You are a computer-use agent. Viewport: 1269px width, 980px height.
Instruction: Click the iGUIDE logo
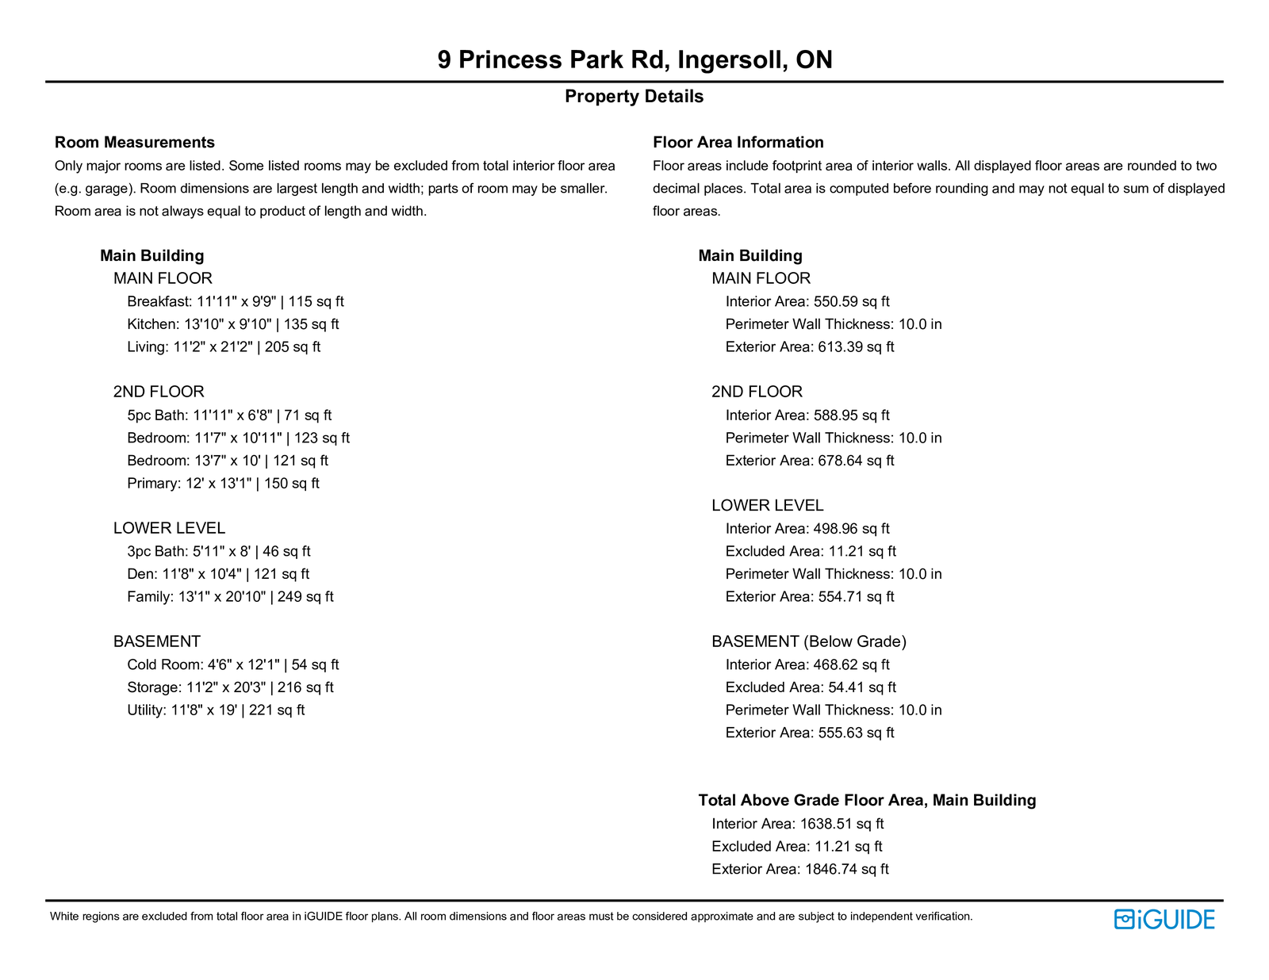(x=1164, y=919)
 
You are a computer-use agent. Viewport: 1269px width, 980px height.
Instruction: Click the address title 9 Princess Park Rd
(x=634, y=59)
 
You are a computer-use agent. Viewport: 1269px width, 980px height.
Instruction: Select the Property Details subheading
(x=634, y=97)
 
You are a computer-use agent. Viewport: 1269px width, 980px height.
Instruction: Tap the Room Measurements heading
(x=135, y=143)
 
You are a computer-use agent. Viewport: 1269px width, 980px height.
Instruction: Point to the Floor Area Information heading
(x=738, y=143)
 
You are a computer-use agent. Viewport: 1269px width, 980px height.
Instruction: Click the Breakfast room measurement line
(x=236, y=301)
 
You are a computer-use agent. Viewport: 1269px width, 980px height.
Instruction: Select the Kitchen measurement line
(x=232, y=324)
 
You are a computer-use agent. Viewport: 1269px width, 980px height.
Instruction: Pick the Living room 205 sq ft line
(x=224, y=347)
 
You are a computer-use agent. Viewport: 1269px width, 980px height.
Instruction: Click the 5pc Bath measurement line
(x=229, y=415)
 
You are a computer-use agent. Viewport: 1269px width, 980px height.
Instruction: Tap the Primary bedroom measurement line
(x=223, y=484)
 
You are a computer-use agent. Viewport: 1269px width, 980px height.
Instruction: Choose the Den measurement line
(x=218, y=574)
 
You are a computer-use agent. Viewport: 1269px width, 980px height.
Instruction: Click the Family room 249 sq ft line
(x=230, y=597)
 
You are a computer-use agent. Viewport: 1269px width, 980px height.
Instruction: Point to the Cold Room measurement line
(x=232, y=665)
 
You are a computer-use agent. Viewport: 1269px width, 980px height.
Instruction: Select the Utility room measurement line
(x=216, y=710)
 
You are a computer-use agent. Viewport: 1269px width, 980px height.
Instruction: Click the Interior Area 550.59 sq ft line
(x=807, y=301)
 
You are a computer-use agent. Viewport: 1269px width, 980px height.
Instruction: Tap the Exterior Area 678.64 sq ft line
(x=810, y=461)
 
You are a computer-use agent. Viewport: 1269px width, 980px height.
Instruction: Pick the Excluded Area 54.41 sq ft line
(x=811, y=687)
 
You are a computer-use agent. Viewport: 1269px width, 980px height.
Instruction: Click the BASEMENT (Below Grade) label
(x=809, y=641)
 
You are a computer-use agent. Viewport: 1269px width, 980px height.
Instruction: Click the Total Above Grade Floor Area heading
(x=867, y=801)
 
